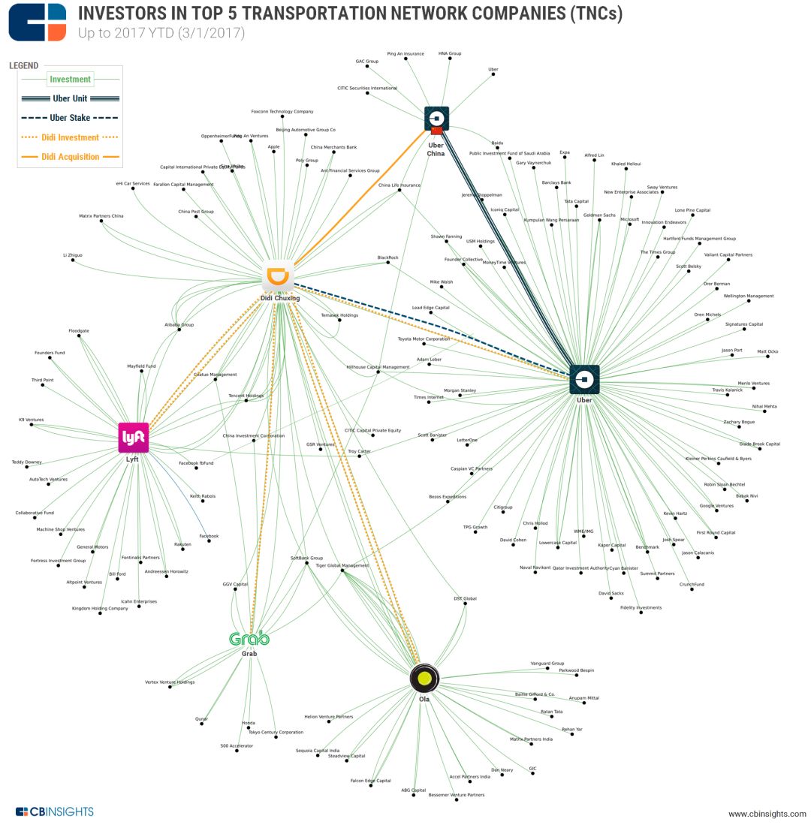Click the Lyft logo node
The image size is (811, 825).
(134, 438)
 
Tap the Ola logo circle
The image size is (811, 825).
(424, 678)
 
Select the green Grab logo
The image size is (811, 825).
(249, 639)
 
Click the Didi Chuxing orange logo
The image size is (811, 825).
(279, 276)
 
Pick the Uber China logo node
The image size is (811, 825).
(436, 119)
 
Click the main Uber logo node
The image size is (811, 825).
(584, 380)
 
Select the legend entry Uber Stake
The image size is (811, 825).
(70, 118)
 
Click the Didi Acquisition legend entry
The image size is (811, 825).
(70, 157)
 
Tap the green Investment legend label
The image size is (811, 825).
(70, 79)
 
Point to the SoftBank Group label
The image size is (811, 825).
(306, 559)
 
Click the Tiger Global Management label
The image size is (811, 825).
(342, 565)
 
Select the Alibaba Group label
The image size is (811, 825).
(179, 325)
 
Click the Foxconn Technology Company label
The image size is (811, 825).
(282, 112)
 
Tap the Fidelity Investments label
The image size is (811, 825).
(641, 607)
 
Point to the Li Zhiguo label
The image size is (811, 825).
(73, 255)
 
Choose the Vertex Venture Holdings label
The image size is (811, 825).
(170, 682)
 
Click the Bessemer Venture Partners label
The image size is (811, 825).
(456, 795)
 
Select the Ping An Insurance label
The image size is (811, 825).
(405, 54)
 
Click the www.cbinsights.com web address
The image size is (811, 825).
(767, 814)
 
